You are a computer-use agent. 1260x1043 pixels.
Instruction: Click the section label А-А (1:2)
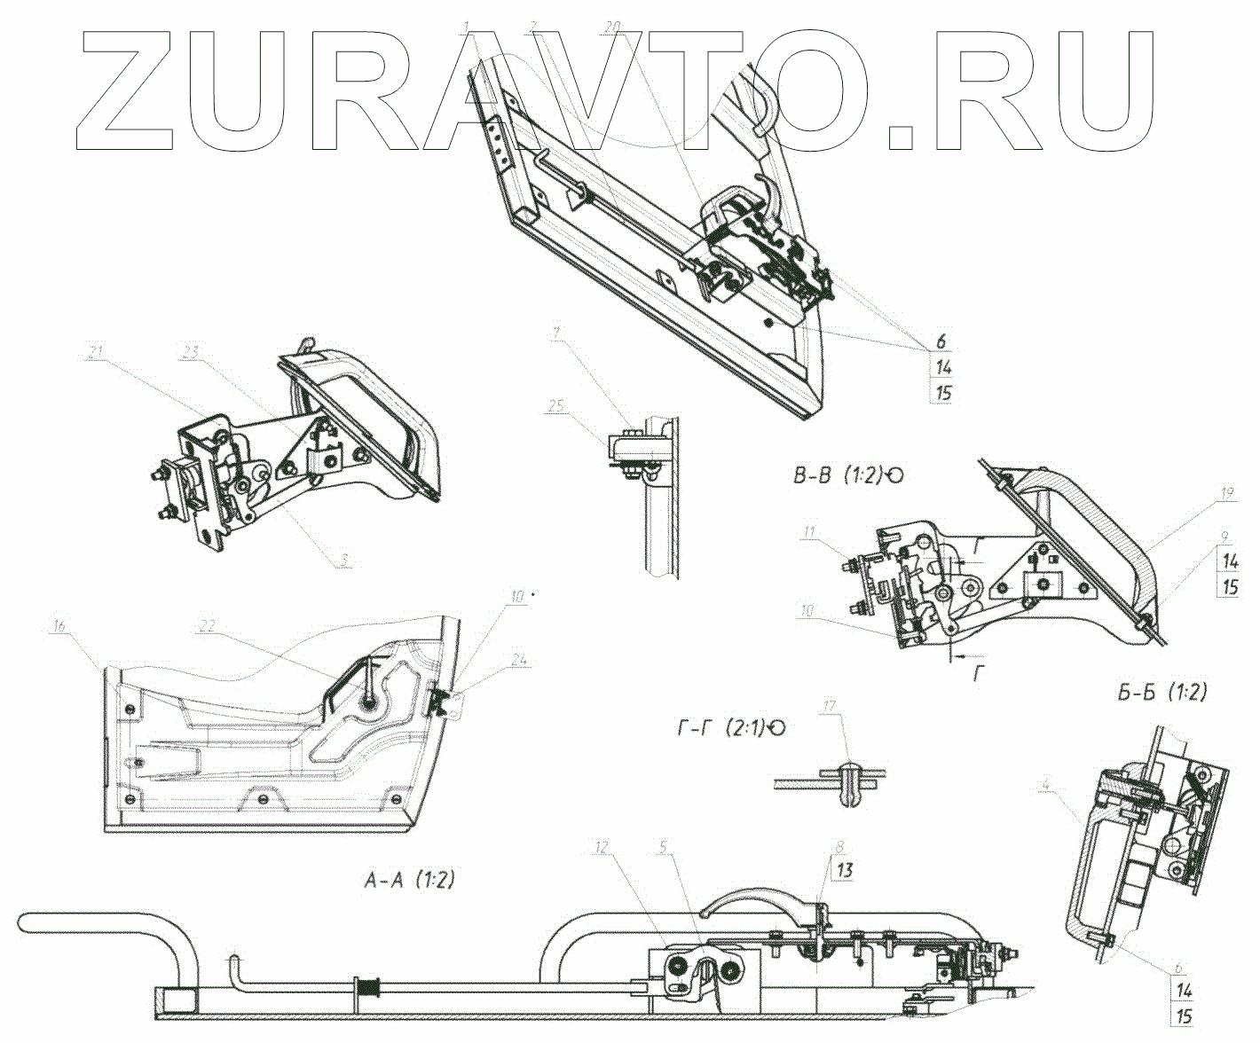409,880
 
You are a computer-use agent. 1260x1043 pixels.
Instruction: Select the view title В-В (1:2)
839,475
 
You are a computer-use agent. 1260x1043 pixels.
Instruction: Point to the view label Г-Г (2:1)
723,728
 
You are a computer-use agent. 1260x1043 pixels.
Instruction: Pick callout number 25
556,405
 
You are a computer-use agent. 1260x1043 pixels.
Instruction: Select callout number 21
96,352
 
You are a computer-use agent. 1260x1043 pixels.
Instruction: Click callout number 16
59,626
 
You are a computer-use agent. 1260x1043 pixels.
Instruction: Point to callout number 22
207,626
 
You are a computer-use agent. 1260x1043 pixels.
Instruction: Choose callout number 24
520,659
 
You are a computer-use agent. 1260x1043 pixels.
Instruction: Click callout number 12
602,848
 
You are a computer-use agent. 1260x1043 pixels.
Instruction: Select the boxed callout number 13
844,871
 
